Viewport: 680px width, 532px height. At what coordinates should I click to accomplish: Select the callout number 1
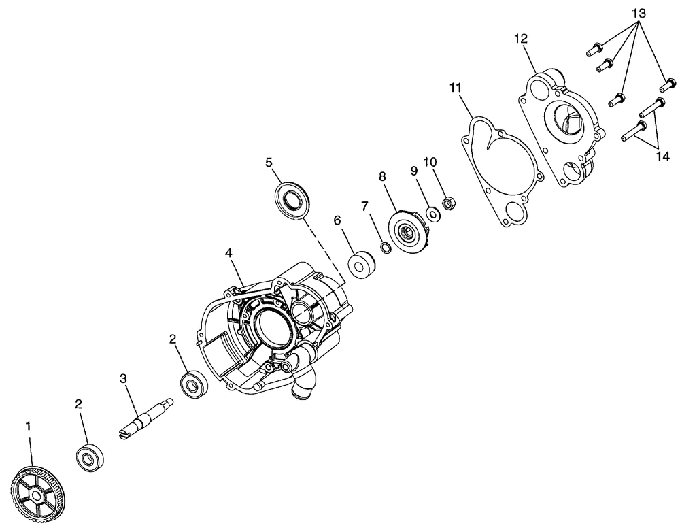(28, 427)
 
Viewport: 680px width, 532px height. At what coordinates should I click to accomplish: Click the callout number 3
(124, 378)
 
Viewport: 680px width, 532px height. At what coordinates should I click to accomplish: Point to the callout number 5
(269, 163)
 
